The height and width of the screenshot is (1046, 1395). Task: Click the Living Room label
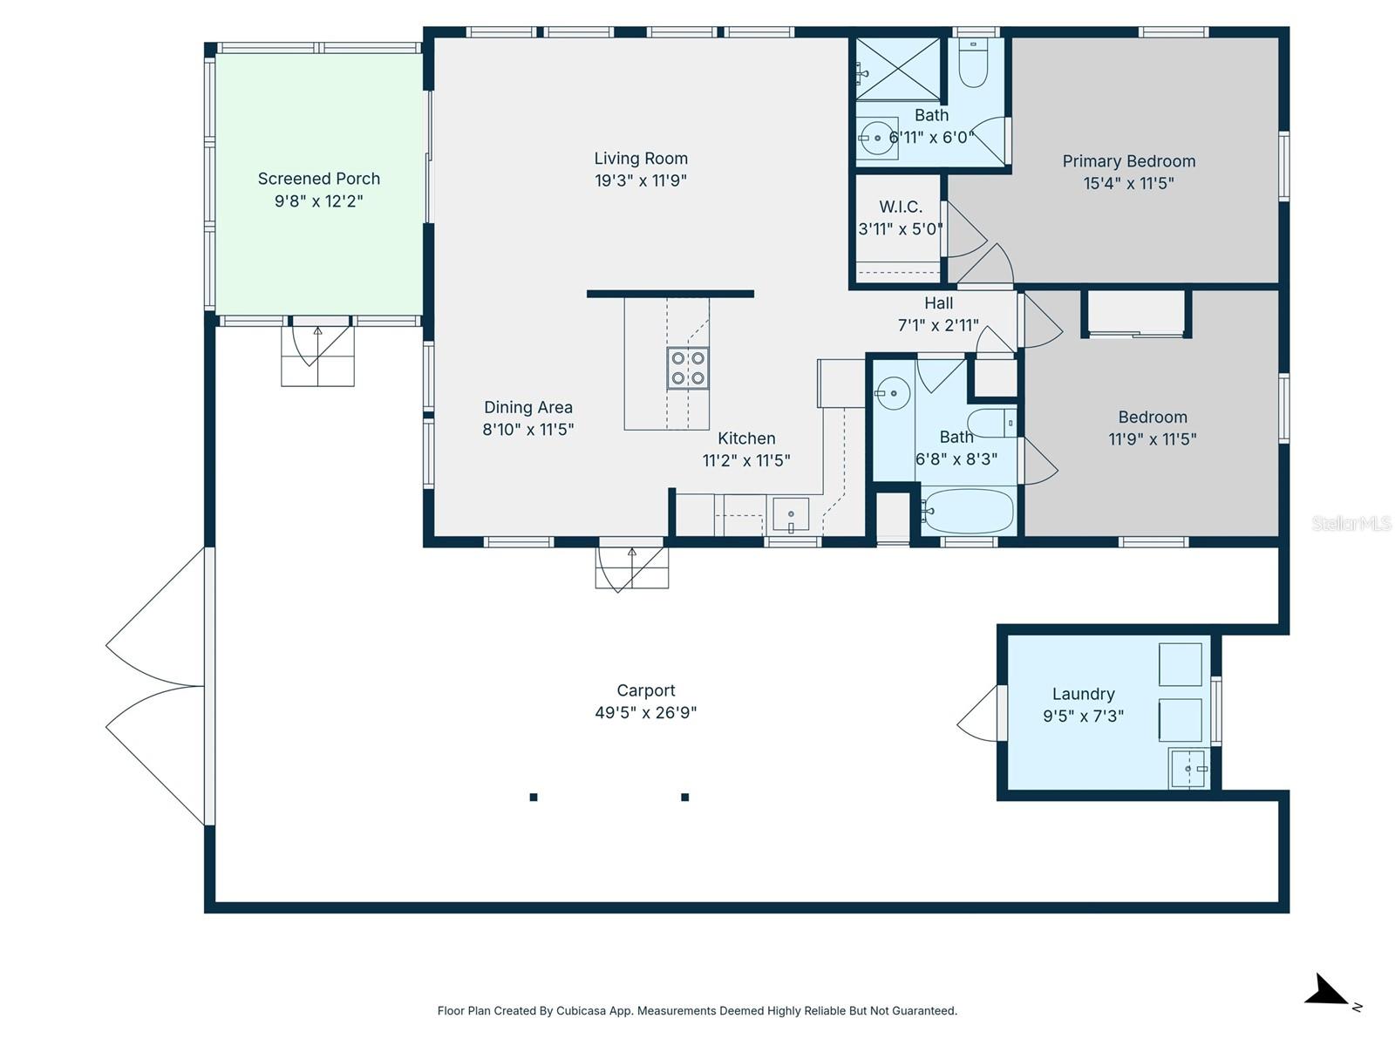(641, 159)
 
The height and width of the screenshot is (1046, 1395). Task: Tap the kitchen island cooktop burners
(687, 368)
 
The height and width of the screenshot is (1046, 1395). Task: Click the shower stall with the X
(897, 69)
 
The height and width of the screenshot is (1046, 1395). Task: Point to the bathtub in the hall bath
(969, 511)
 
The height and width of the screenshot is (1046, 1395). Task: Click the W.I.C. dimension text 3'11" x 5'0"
(900, 229)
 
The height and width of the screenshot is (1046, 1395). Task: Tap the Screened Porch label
(319, 179)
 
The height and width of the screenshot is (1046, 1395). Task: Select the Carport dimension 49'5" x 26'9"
(645, 713)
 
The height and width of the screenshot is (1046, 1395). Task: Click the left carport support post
(534, 797)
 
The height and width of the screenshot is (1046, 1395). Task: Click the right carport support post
(685, 797)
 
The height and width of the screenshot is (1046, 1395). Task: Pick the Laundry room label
(1083, 694)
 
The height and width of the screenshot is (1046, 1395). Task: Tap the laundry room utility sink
(1187, 769)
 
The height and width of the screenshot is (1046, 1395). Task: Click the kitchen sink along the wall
(791, 514)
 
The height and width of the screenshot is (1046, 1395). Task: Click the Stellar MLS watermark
(1351, 523)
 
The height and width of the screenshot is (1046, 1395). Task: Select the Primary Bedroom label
(1128, 161)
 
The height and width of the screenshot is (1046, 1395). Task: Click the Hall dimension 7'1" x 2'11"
(938, 325)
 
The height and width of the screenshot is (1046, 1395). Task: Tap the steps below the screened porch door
(317, 366)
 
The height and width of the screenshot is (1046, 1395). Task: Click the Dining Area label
(527, 407)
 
